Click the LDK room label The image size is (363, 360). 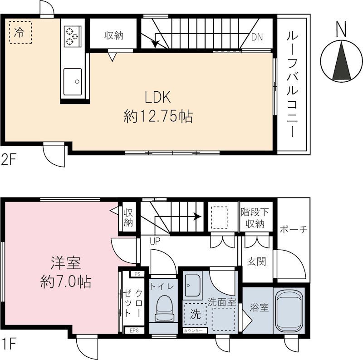click(157, 97)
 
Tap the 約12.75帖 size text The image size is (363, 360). click(158, 116)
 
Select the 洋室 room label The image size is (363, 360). click(66, 263)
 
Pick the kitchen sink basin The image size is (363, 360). click(73, 82)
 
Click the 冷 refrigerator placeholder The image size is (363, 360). click(20, 32)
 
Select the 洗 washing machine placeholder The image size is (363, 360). click(196, 314)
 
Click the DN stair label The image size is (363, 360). click(257, 37)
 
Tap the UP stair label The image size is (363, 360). click(155, 242)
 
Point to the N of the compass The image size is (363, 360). click(341, 29)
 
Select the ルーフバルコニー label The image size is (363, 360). click(292, 84)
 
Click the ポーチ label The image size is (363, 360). click(294, 230)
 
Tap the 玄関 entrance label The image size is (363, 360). click(256, 261)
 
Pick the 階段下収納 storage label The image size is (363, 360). click(255, 218)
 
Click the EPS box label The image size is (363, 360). click(134, 330)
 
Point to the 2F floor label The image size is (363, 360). click(8, 160)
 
